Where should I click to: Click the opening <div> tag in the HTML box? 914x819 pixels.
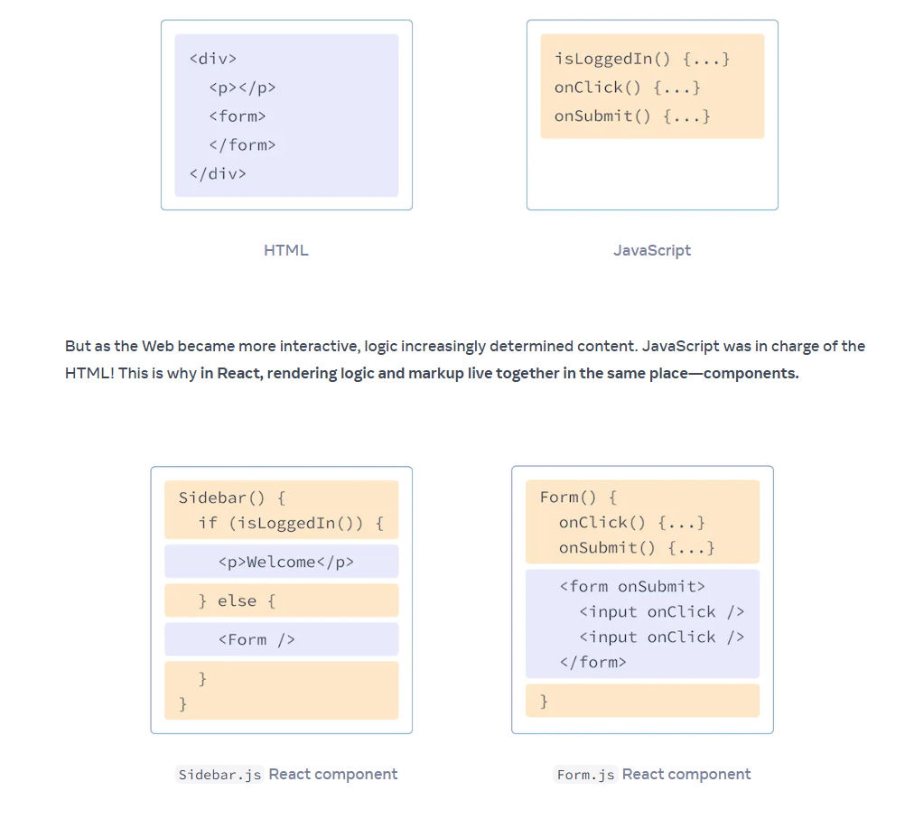213,59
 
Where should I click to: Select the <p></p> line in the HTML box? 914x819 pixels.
242,88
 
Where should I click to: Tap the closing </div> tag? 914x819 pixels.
218,173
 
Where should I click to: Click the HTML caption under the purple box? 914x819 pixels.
286,250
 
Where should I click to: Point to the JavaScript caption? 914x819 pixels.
652,250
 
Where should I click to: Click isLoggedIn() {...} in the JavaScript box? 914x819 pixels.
642,59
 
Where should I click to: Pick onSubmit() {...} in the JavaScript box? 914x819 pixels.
632,116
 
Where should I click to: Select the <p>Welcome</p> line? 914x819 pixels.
285,562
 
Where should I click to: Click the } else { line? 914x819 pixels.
237,601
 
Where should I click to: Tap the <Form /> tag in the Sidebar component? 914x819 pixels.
256,640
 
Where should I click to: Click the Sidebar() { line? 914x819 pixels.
232,498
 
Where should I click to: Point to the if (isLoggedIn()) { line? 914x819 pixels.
291,523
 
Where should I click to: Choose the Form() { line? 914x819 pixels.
578,498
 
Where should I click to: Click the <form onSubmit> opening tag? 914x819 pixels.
632,586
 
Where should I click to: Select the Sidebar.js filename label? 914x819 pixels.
219,775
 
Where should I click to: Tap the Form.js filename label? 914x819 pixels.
585,775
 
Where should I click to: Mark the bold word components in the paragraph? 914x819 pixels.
751,373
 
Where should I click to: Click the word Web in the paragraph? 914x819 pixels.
158,346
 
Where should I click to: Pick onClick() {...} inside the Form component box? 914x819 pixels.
632,522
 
